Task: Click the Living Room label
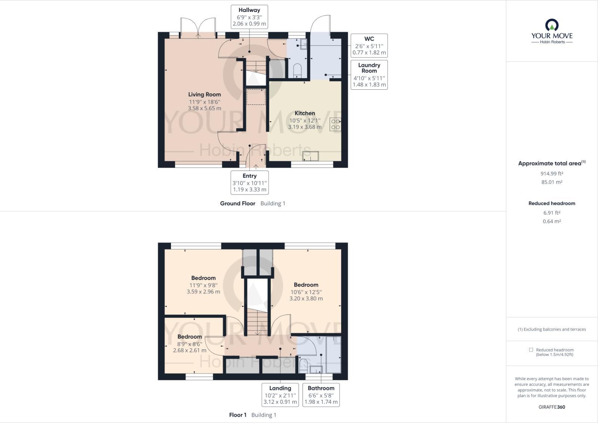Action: [204, 95]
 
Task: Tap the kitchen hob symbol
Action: [335, 125]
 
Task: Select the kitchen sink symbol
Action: [310, 156]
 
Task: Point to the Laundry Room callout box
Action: [369, 75]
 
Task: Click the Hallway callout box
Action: [249, 17]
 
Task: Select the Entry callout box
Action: [249, 183]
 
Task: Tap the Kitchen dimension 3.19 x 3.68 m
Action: [304, 127]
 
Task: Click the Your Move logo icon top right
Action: [552, 25]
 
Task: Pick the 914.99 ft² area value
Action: [552, 174]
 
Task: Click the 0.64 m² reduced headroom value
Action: [552, 221]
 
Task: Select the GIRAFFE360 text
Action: [552, 407]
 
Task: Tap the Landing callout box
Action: [280, 395]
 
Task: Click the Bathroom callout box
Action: [321, 395]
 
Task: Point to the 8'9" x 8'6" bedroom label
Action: [190, 344]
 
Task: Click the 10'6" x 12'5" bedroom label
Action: [306, 292]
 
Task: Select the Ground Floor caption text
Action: [237, 203]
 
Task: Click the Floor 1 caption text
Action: [237, 415]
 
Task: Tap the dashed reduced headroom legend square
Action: [531, 350]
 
